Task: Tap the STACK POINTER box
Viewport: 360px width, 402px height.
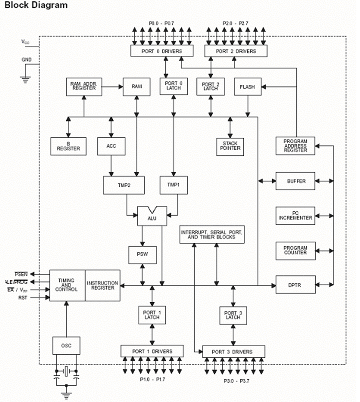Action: coord(230,147)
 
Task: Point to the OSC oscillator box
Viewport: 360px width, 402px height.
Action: coord(67,345)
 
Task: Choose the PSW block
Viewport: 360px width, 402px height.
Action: coord(143,255)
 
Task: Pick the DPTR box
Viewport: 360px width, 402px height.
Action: coord(295,285)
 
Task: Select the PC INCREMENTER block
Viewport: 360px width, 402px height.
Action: coord(295,216)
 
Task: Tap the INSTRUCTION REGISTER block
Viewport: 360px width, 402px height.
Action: coord(102,285)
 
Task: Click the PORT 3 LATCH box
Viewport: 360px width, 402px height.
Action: coord(233,315)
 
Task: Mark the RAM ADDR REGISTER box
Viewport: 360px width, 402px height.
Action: coord(84,87)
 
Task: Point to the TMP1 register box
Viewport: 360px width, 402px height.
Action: coord(173,185)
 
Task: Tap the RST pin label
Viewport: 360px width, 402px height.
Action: coord(23,298)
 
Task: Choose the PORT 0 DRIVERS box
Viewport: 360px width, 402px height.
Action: coord(162,51)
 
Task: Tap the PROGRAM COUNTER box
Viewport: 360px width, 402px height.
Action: coord(295,250)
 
